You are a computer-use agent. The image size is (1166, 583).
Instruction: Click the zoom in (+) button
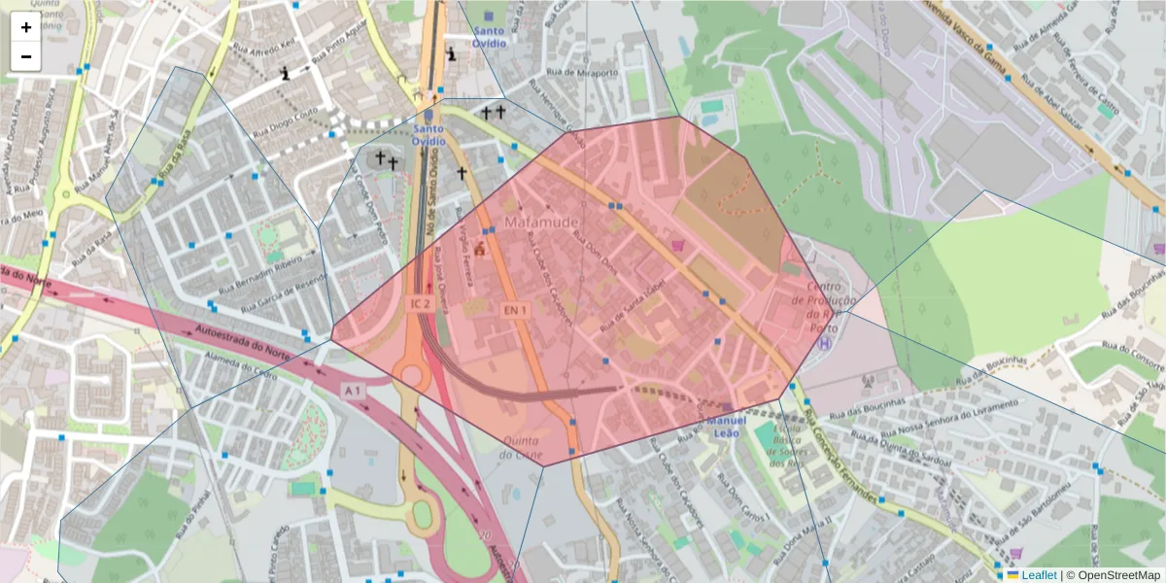pos(26,27)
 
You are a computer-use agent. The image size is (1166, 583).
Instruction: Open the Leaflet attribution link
pos(1038,575)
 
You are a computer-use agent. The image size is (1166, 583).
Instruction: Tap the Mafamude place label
pos(541,223)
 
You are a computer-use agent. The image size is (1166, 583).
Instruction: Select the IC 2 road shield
pos(420,304)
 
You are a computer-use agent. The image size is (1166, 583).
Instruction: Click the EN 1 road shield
pos(514,310)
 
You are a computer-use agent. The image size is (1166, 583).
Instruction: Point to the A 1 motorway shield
pos(353,391)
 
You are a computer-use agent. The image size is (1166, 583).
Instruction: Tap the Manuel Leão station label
pos(727,427)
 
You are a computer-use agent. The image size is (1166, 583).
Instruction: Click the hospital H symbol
pos(825,342)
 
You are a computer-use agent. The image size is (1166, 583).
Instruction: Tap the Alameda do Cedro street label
pos(239,363)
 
